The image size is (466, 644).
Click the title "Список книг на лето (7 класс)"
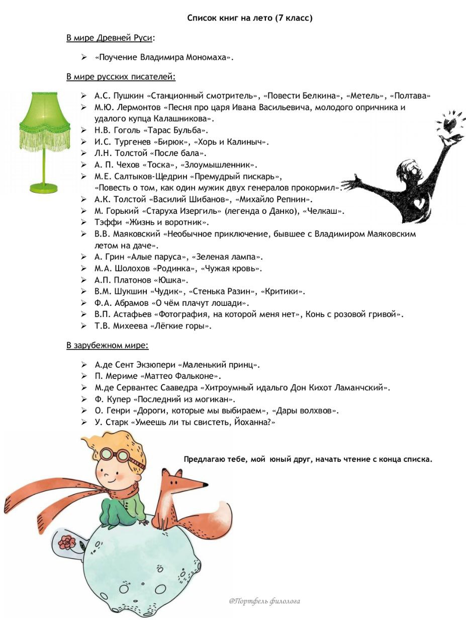coord(250,18)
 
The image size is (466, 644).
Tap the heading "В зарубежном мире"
coord(107,346)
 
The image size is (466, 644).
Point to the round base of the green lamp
coord(44,188)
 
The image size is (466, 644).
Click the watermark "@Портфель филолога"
coord(264,601)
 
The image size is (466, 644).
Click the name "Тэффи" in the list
coord(107,222)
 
